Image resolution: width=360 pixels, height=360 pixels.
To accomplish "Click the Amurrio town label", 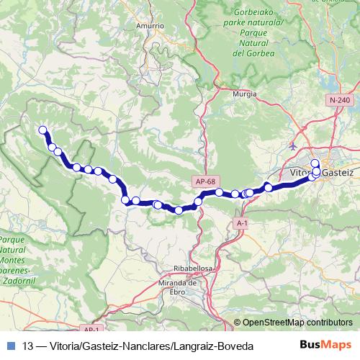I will click(x=150, y=25).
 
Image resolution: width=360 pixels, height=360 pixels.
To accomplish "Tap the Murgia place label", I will click(x=245, y=94).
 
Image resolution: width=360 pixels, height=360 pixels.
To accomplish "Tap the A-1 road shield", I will click(x=242, y=224).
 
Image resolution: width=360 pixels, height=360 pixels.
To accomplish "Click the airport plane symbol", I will click(x=293, y=145).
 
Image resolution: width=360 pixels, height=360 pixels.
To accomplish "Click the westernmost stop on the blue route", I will click(x=42, y=130).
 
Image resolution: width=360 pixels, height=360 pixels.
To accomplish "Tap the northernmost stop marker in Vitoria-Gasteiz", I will click(x=315, y=163).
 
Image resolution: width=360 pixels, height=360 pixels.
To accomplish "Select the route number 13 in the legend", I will click(x=28, y=346).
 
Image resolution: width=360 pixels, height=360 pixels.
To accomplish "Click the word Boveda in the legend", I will click(x=237, y=346).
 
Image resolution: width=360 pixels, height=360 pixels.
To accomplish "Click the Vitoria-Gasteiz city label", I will click(x=321, y=174).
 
